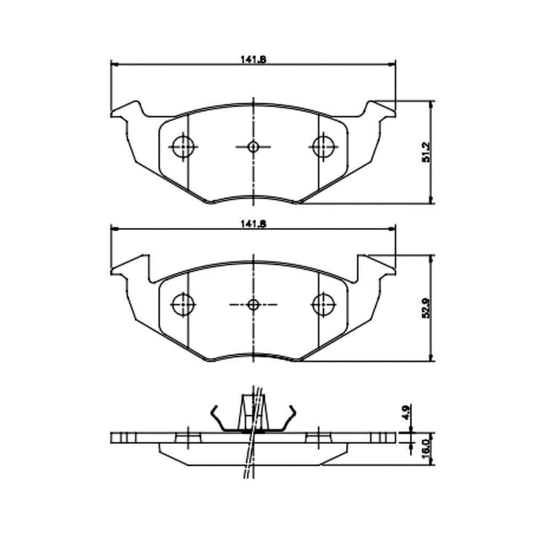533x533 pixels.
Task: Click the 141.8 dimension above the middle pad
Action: [x=253, y=224]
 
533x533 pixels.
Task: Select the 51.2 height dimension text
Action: [x=426, y=152]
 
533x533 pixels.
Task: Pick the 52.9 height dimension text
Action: [x=426, y=308]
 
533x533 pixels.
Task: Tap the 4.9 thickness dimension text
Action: [x=407, y=412]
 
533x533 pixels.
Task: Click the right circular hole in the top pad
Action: [x=324, y=147]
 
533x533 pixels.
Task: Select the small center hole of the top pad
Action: [x=253, y=147]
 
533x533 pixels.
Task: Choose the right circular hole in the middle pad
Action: [x=324, y=304]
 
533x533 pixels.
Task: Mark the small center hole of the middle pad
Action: [x=253, y=304]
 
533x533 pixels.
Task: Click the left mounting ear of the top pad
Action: [x=126, y=109]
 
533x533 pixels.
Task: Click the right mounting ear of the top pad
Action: [x=380, y=109]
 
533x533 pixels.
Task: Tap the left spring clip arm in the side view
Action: [x=218, y=418]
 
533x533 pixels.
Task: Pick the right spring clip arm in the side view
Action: [x=288, y=418]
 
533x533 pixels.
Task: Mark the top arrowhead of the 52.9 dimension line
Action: [x=431, y=259]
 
